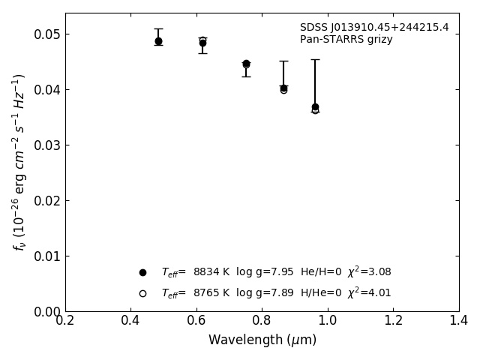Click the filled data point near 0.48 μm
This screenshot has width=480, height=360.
tap(158, 41)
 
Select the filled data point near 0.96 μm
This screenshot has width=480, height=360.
tap(315, 107)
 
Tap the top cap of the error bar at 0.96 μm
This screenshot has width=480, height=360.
tap(315, 59)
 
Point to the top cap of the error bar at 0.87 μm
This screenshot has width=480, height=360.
tap(283, 61)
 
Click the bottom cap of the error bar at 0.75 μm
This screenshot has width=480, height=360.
tap(246, 76)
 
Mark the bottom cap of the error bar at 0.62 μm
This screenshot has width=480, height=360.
tap(202, 53)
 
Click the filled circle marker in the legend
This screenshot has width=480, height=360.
tap(142, 272)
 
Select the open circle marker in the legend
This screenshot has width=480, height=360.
tap(142, 293)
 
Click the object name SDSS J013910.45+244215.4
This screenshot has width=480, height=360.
tap(374, 28)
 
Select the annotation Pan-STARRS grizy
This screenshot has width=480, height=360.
tap(346, 40)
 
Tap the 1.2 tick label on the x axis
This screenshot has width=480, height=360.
tap(393, 321)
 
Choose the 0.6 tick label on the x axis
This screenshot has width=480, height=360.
tap(196, 321)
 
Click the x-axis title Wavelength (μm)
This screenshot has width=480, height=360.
tap(262, 340)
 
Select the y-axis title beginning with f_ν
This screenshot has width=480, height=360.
tap(19, 161)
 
